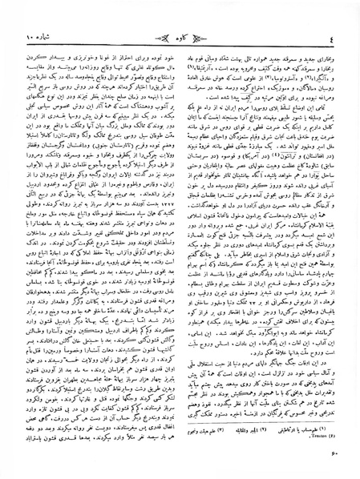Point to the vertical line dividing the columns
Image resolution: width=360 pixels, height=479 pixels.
coord(180,232)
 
